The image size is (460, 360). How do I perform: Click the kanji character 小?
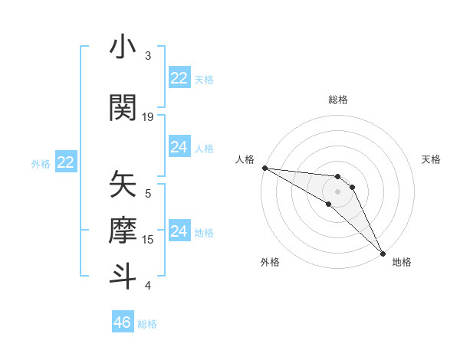[x=123, y=47]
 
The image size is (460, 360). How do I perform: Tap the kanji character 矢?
[x=123, y=185]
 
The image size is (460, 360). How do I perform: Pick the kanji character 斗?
[x=123, y=275]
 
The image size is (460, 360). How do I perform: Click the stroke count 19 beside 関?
[x=148, y=116]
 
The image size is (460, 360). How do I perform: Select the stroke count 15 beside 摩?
[x=148, y=240]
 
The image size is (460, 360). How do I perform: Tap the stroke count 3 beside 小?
[x=148, y=56]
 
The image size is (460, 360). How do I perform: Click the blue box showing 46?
[x=123, y=322]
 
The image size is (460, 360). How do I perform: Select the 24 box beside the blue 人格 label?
[x=179, y=146]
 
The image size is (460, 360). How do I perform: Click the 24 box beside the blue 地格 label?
[x=179, y=231]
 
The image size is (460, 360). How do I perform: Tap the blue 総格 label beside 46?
[x=148, y=324]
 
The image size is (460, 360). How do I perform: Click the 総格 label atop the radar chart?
[x=338, y=100]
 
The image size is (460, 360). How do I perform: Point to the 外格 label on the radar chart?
[x=270, y=262]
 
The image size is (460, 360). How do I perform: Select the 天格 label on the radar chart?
[x=432, y=159]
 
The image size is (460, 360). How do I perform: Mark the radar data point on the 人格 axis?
[x=264, y=168]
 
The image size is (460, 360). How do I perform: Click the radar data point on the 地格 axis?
[x=382, y=252]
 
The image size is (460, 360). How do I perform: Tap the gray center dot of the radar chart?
[x=338, y=191]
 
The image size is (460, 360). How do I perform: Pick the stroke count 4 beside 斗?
[x=148, y=286]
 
